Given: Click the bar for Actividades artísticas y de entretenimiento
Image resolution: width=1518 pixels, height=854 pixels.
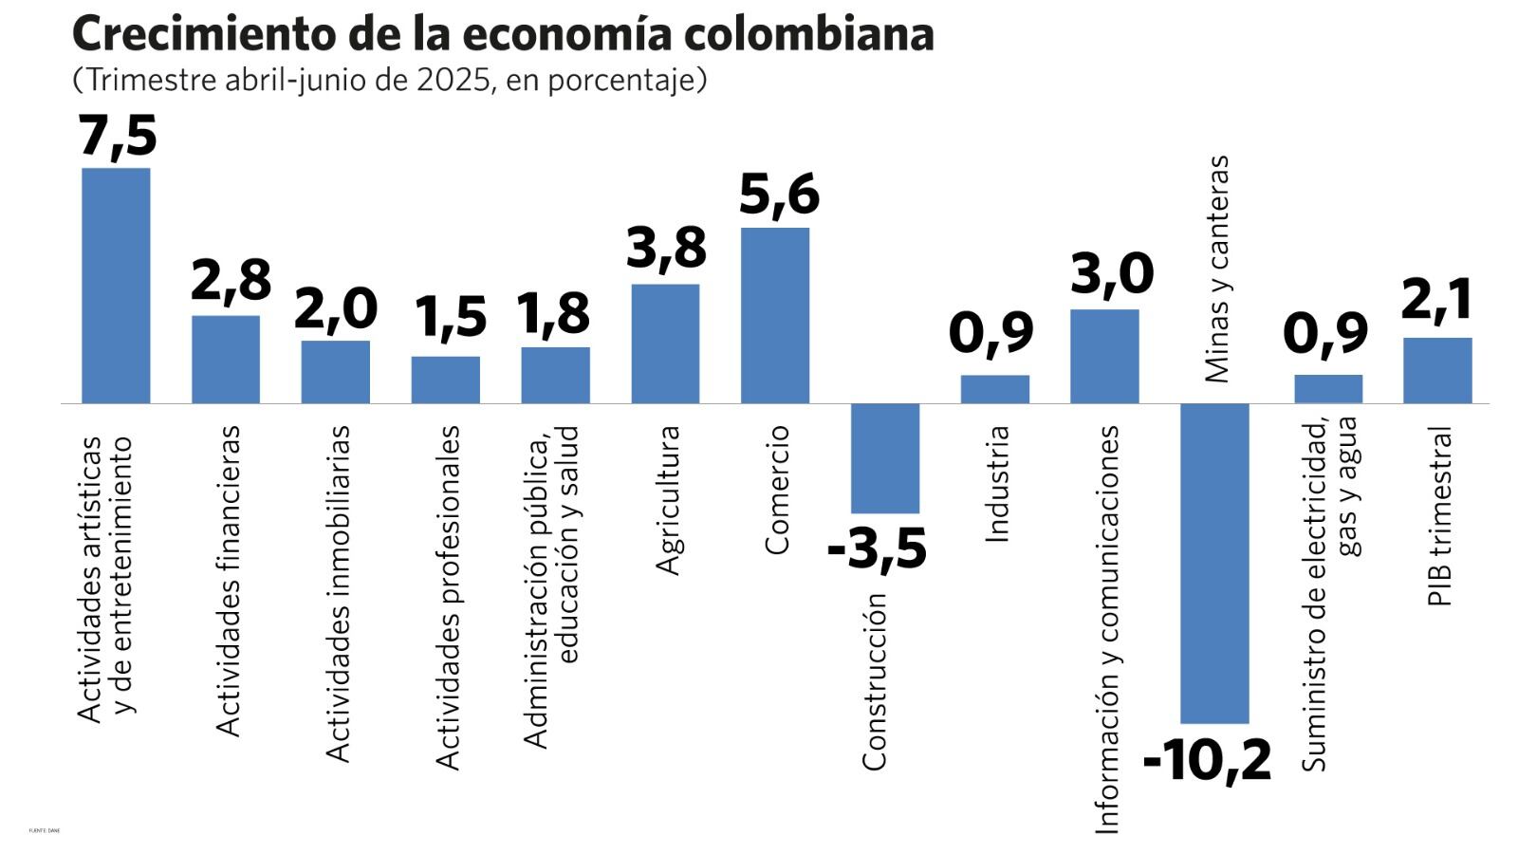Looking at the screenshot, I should tap(116, 286).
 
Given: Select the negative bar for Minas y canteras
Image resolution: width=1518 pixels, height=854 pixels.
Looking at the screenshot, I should tap(1213, 563).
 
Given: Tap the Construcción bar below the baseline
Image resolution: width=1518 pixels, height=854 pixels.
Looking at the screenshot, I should tap(884, 458).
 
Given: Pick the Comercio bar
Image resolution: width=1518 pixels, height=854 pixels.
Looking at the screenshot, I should tap(775, 315).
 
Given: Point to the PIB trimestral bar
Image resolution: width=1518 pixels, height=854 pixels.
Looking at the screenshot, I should tap(1437, 370).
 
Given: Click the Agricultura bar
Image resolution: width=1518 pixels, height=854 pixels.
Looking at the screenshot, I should tap(665, 343).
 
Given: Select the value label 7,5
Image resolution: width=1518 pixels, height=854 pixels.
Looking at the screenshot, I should tap(118, 136).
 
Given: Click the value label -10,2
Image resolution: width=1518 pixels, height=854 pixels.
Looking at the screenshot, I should tap(1207, 760).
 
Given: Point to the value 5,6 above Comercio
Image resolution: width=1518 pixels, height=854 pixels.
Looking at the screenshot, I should tap(778, 195).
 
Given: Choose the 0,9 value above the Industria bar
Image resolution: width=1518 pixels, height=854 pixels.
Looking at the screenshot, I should tap(990, 333).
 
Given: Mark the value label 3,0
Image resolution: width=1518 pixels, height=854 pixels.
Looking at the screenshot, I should tap(1112, 273).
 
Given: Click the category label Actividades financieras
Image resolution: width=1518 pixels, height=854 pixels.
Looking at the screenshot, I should tap(229, 581).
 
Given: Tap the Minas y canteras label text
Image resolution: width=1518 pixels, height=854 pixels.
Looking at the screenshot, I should tap(1216, 269).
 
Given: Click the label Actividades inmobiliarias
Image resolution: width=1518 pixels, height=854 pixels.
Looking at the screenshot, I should tap(338, 593).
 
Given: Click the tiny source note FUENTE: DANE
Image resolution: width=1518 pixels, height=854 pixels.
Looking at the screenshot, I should tap(44, 830).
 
